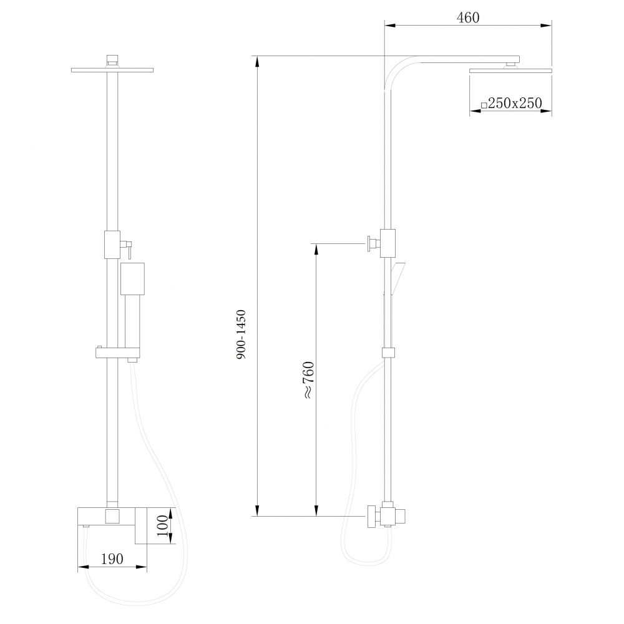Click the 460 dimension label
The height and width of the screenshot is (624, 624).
(468, 17)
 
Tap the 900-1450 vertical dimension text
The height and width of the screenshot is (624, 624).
(241, 334)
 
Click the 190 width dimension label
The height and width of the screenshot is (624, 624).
(112, 558)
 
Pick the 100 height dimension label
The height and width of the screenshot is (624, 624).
(162, 528)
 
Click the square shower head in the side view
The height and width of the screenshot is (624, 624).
(511, 71)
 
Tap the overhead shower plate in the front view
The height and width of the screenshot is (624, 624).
(112, 70)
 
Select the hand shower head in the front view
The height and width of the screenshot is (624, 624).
(132, 278)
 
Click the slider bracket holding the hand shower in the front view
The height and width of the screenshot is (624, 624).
(117, 353)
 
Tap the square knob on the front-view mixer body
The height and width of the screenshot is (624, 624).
(112, 516)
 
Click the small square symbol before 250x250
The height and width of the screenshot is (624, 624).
(484, 105)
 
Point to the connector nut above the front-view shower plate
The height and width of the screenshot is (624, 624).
(112, 60)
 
